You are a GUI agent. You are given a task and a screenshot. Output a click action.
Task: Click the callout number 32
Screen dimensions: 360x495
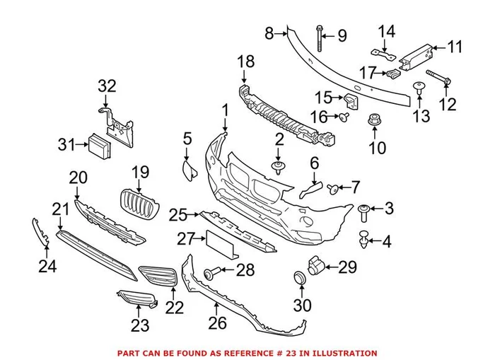point(106,86)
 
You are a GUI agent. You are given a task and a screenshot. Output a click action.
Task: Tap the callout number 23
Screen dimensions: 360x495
point(140,326)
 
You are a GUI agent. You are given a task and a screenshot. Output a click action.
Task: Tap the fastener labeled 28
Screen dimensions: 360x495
point(211,272)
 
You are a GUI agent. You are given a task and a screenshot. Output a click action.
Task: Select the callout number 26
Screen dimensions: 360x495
point(216,323)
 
